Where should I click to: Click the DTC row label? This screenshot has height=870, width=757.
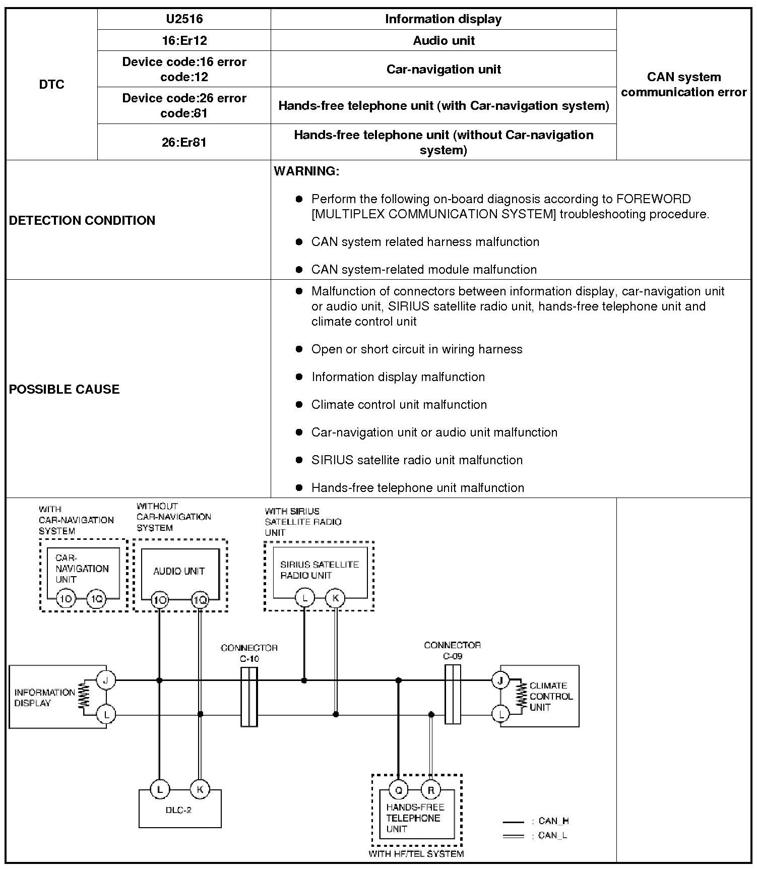click(x=51, y=84)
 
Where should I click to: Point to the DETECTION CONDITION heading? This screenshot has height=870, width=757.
click(x=82, y=220)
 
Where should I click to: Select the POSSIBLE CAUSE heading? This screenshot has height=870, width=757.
click(x=65, y=389)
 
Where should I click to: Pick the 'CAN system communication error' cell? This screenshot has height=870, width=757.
click(x=683, y=84)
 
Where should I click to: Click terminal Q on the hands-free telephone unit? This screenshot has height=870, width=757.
click(x=398, y=790)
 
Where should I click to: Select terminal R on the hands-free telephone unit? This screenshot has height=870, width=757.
click(x=430, y=790)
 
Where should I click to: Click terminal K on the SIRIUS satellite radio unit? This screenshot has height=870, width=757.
click(x=335, y=598)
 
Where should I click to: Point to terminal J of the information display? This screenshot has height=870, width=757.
click(x=106, y=680)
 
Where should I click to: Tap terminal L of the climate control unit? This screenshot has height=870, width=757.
click(x=500, y=714)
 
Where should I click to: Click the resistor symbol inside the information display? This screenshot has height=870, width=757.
click(x=84, y=697)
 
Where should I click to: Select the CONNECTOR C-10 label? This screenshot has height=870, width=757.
click(x=249, y=653)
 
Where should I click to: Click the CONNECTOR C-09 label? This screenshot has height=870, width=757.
click(x=452, y=650)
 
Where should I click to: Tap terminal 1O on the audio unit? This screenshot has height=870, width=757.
click(x=160, y=600)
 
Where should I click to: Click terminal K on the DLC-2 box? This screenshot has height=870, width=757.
click(x=200, y=789)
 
